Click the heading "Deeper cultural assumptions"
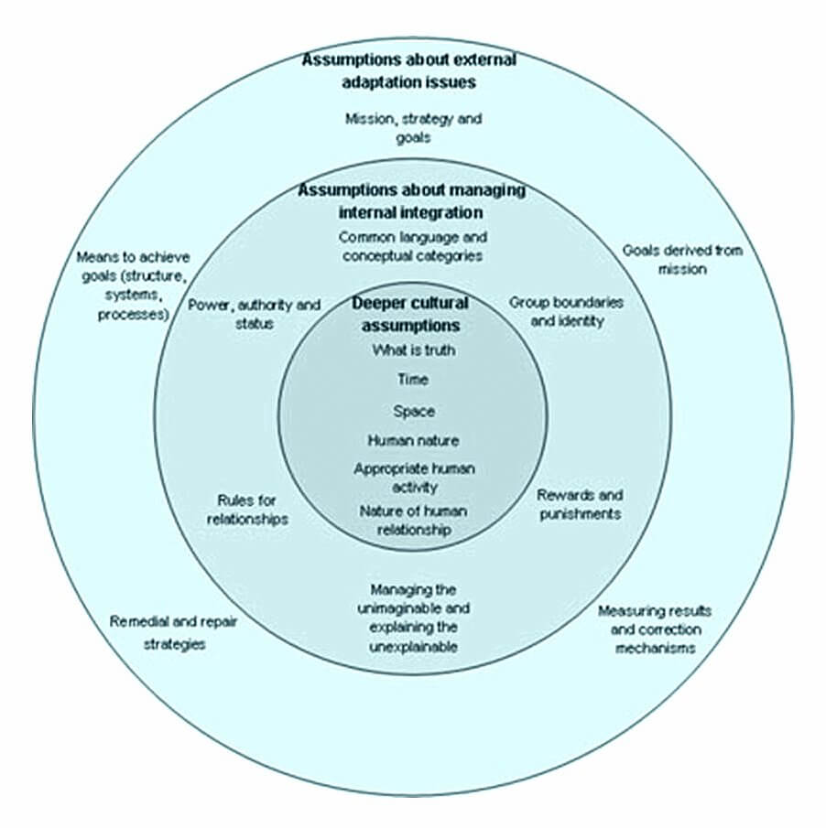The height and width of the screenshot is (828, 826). click(x=410, y=314)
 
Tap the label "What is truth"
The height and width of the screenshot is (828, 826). click(x=413, y=349)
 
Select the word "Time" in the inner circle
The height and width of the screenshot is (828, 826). click(x=413, y=379)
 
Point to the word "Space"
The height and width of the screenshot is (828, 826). click(x=414, y=411)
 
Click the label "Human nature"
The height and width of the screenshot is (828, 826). click(x=413, y=440)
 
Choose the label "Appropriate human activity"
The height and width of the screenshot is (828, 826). click(x=414, y=476)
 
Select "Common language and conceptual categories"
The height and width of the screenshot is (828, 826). click(x=412, y=247)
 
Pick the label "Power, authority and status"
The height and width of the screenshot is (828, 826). click(x=242, y=314)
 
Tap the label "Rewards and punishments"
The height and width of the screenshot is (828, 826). click(x=579, y=504)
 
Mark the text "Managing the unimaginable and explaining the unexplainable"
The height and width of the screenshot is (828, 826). click(x=413, y=618)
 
